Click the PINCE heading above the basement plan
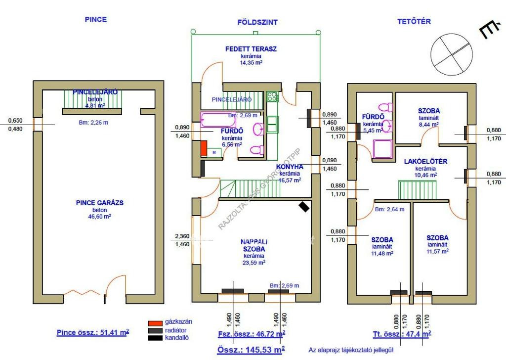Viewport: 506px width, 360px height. [x=96, y=20]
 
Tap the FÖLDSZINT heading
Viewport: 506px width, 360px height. [x=257, y=22]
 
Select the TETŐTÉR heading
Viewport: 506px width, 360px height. [x=414, y=21]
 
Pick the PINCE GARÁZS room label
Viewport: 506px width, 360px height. [x=99, y=202]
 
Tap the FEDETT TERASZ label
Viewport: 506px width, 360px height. [x=251, y=49]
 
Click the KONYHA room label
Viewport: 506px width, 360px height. [x=290, y=167]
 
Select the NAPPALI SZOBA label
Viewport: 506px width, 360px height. [x=254, y=245]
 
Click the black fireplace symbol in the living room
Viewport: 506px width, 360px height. [x=304, y=207]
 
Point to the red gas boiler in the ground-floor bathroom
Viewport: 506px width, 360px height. [x=203, y=149]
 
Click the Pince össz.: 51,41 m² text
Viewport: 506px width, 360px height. [x=93, y=332]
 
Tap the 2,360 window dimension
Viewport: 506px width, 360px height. [x=182, y=236]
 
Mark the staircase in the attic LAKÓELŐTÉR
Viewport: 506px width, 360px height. [x=418, y=189]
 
